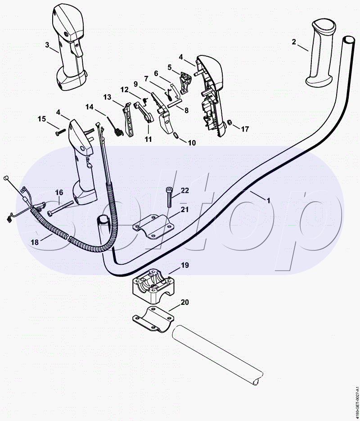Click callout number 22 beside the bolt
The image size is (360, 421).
(x=185, y=190)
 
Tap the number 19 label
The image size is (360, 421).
(x=185, y=265)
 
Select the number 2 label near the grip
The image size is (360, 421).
(x=294, y=42)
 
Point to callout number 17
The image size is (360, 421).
(x=245, y=129)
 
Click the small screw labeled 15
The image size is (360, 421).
(x=61, y=132)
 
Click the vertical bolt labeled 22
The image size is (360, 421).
(x=169, y=197)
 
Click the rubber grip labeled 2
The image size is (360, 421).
(x=321, y=52)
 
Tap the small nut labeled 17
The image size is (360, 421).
(x=229, y=122)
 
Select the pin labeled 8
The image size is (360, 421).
(x=175, y=104)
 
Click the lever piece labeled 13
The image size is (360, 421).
(x=128, y=120)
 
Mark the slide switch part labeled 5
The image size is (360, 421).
(x=186, y=83)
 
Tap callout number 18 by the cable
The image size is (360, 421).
(x=35, y=242)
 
